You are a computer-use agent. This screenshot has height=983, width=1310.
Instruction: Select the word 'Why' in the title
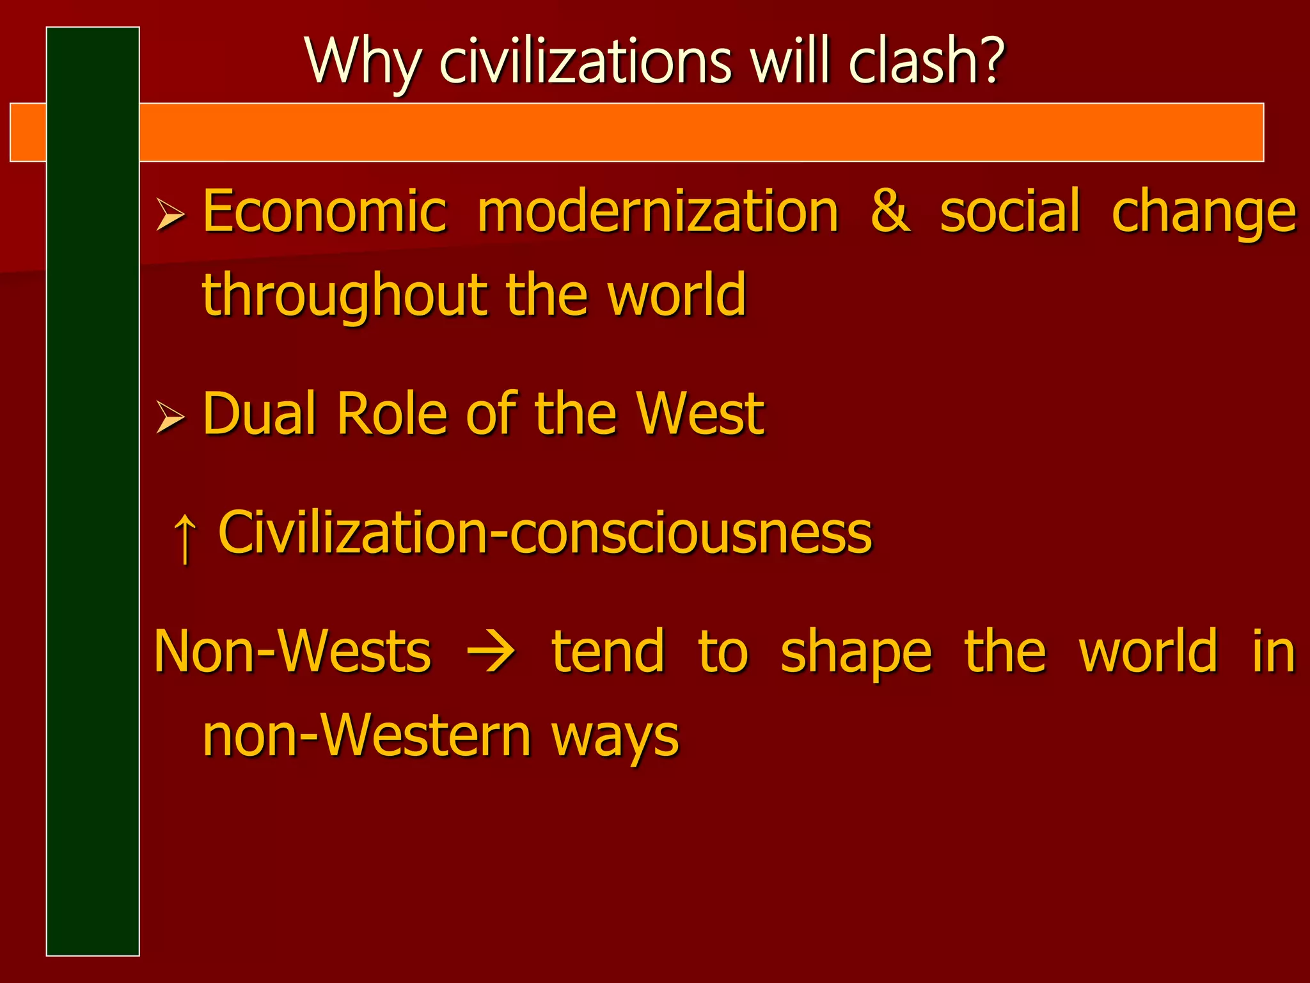click(363, 63)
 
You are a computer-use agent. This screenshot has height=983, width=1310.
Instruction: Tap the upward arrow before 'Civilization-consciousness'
click(185, 536)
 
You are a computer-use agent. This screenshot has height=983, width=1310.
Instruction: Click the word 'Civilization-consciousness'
click(545, 532)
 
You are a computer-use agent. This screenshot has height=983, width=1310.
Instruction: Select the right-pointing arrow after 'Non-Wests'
click(491, 653)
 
